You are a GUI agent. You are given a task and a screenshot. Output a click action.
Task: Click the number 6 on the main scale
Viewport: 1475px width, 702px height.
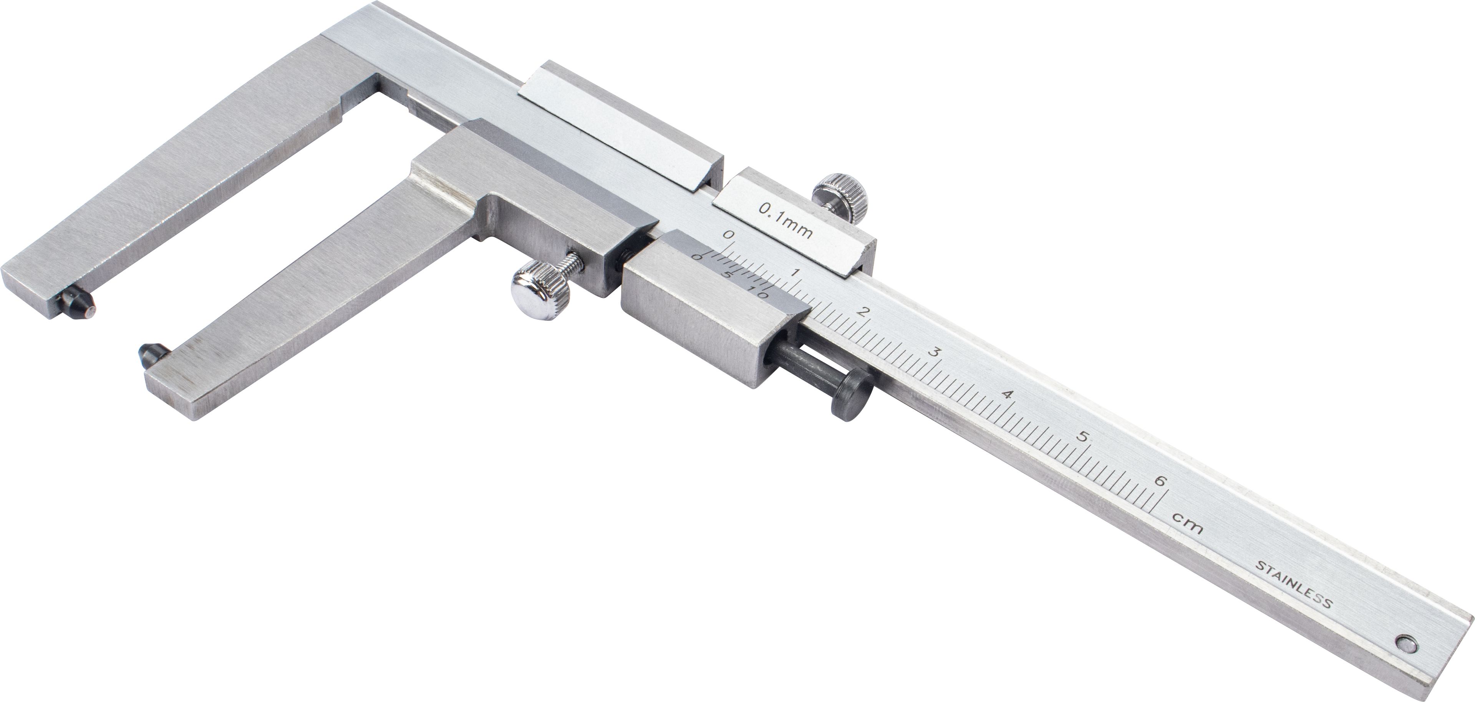[1160, 481]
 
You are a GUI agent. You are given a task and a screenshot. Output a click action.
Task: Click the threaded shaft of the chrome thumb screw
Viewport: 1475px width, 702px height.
[573, 265]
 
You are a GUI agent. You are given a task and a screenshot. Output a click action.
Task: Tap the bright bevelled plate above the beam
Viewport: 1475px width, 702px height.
[618, 132]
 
